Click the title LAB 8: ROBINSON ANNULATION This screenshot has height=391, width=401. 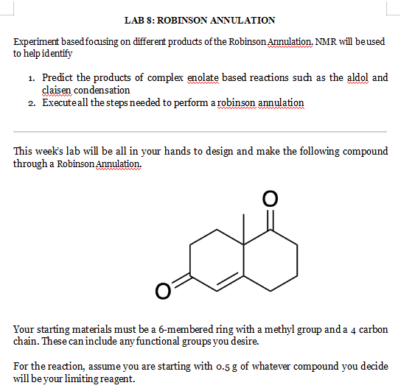(x=200, y=20)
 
